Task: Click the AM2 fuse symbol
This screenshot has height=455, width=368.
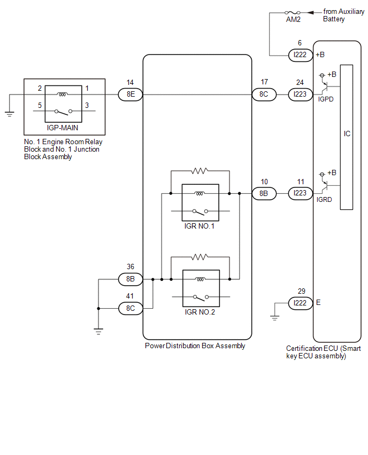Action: pos(293,12)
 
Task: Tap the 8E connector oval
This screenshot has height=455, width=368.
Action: pos(131,95)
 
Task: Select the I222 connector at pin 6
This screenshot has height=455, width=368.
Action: pos(300,55)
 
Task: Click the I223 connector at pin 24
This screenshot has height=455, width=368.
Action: pos(300,95)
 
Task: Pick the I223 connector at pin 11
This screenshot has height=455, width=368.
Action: pos(300,193)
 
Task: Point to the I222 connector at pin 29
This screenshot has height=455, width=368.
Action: pos(300,303)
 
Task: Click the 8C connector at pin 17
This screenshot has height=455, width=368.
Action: pos(264,95)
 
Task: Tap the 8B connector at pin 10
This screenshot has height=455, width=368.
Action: pos(264,193)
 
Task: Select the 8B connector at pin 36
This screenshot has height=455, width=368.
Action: pos(131,279)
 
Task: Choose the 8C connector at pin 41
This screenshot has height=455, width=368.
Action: pos(131,308)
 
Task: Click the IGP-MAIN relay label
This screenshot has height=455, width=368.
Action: pos(63,128)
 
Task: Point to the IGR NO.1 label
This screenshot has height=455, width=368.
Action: pos(200,226)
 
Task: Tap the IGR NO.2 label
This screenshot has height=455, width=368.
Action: pos(200,312)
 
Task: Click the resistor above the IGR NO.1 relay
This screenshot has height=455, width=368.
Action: pos(200,171)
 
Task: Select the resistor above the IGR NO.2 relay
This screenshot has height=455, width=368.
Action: pos(200,257)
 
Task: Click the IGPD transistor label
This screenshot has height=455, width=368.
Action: pos(326,99)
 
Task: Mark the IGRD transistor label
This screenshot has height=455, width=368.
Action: pos(324,200)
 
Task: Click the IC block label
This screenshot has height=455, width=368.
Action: pos(347,134)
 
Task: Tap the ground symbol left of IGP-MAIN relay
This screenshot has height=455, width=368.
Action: pos(10,114)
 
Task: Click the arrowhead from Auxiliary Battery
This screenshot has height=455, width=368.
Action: pos(310,12)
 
